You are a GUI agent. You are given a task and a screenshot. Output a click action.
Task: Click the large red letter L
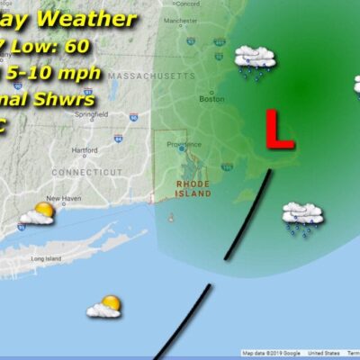tap(280, 130)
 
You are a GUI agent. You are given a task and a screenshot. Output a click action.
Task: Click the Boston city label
tap(211, 99)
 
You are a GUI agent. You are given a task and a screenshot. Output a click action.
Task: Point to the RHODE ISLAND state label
tap(193, 188)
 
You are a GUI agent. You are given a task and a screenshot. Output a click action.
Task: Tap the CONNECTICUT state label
tap(80, 171)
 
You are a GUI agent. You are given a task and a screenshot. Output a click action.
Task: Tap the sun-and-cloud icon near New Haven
tap(38, 214)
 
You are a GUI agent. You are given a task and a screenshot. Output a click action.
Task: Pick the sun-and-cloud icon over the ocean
tap(104, 307)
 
